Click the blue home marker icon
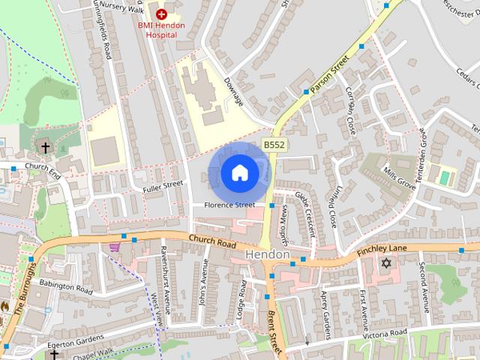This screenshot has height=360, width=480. [x=239, y=173]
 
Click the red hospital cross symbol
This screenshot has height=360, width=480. [x=160, y=13]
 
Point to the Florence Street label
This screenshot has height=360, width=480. [x=233, y=205]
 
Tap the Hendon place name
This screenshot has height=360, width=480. [x=268, y=255]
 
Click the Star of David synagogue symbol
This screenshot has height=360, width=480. [x=387, y=263]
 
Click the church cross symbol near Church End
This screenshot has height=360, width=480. [x=44, y=147]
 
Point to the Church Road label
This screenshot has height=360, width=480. [x=212, y=242]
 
